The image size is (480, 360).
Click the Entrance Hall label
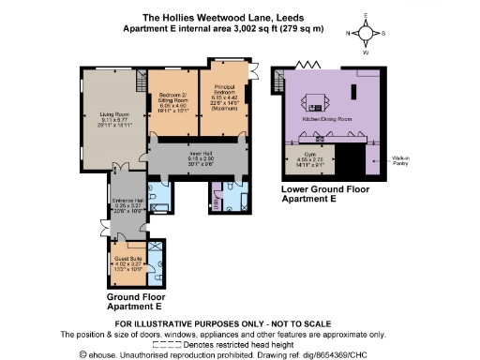pyautogui.click(x=128, y=202)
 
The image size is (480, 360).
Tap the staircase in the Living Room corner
pyautogui.click(x=143, y=82)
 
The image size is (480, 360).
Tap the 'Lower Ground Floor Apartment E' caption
pyautogui.click(x=324, y=193)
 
